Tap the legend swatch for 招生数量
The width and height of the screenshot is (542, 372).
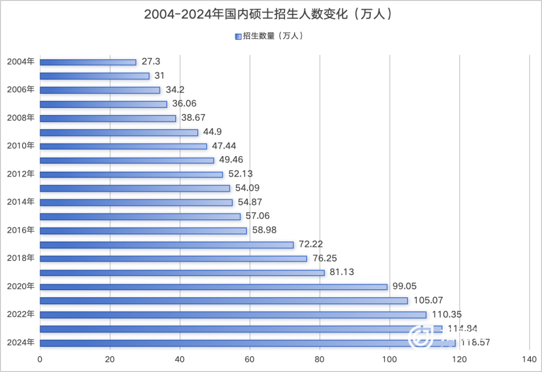pos(238,36)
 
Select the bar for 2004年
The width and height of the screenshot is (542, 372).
pos(88,62)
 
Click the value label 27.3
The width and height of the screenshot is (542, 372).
pos(151,62)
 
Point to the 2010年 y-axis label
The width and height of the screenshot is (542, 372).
pos(21,146)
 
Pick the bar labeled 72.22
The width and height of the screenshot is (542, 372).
pos(167,245)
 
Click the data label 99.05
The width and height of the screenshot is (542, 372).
pos(407,286)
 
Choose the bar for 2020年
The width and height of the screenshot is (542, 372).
pos(213,287)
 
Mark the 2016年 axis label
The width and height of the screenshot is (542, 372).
pos(21,230)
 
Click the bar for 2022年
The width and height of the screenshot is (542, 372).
pos(233,315)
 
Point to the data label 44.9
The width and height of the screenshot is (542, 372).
pos(212,132)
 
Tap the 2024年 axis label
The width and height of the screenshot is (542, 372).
pos(21,343)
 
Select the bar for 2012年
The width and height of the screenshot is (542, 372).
pos(131,175)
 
